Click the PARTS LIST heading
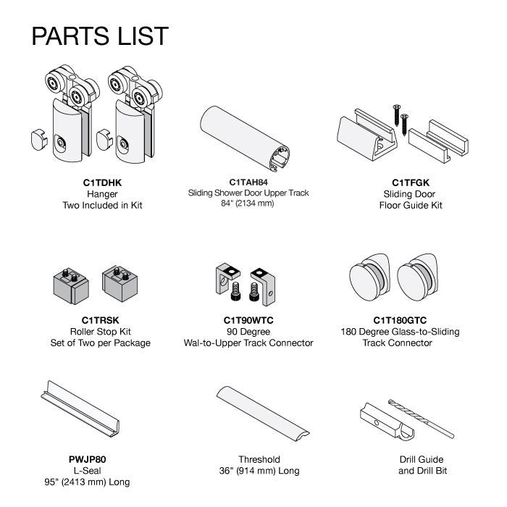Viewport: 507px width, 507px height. point(100,35)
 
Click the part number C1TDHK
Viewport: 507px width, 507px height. point(102,183)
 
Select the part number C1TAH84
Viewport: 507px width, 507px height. point(248,183)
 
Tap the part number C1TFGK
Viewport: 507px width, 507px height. point(411,183)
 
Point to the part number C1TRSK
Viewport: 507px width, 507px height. point(100,320)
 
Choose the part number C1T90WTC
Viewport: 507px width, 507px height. point(248,320)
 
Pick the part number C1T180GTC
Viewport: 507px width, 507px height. point(400,320)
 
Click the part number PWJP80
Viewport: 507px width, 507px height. point(88,459)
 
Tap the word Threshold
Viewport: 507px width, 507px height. point(259,459)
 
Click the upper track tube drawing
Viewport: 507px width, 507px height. point(245,139)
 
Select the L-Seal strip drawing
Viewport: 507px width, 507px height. point(80,409)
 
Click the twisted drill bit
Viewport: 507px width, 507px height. point(421,419)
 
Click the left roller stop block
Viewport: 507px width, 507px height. point(71,286)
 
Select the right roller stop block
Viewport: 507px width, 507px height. point(120,284)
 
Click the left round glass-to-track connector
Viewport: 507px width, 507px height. point(370,277)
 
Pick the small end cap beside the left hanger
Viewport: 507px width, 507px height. point(39,140)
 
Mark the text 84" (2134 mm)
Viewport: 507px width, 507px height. point(248,204)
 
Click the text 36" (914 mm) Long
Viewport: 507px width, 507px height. point(259,471)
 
